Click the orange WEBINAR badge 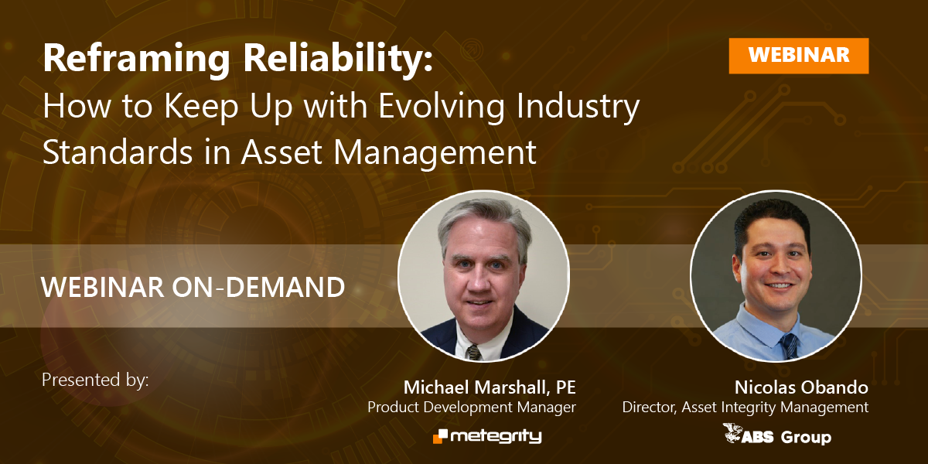[x=798, y=55]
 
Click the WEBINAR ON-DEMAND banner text [x=193, y=288]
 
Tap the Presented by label [x=94, y=380]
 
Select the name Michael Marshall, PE [x=490, y=387]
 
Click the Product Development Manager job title [x=472, y=407]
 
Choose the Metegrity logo [x=487, y=437]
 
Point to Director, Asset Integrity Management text [x=745, y=407]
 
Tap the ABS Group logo [x=776, y=435]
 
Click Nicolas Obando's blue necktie [x=790, y=344]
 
